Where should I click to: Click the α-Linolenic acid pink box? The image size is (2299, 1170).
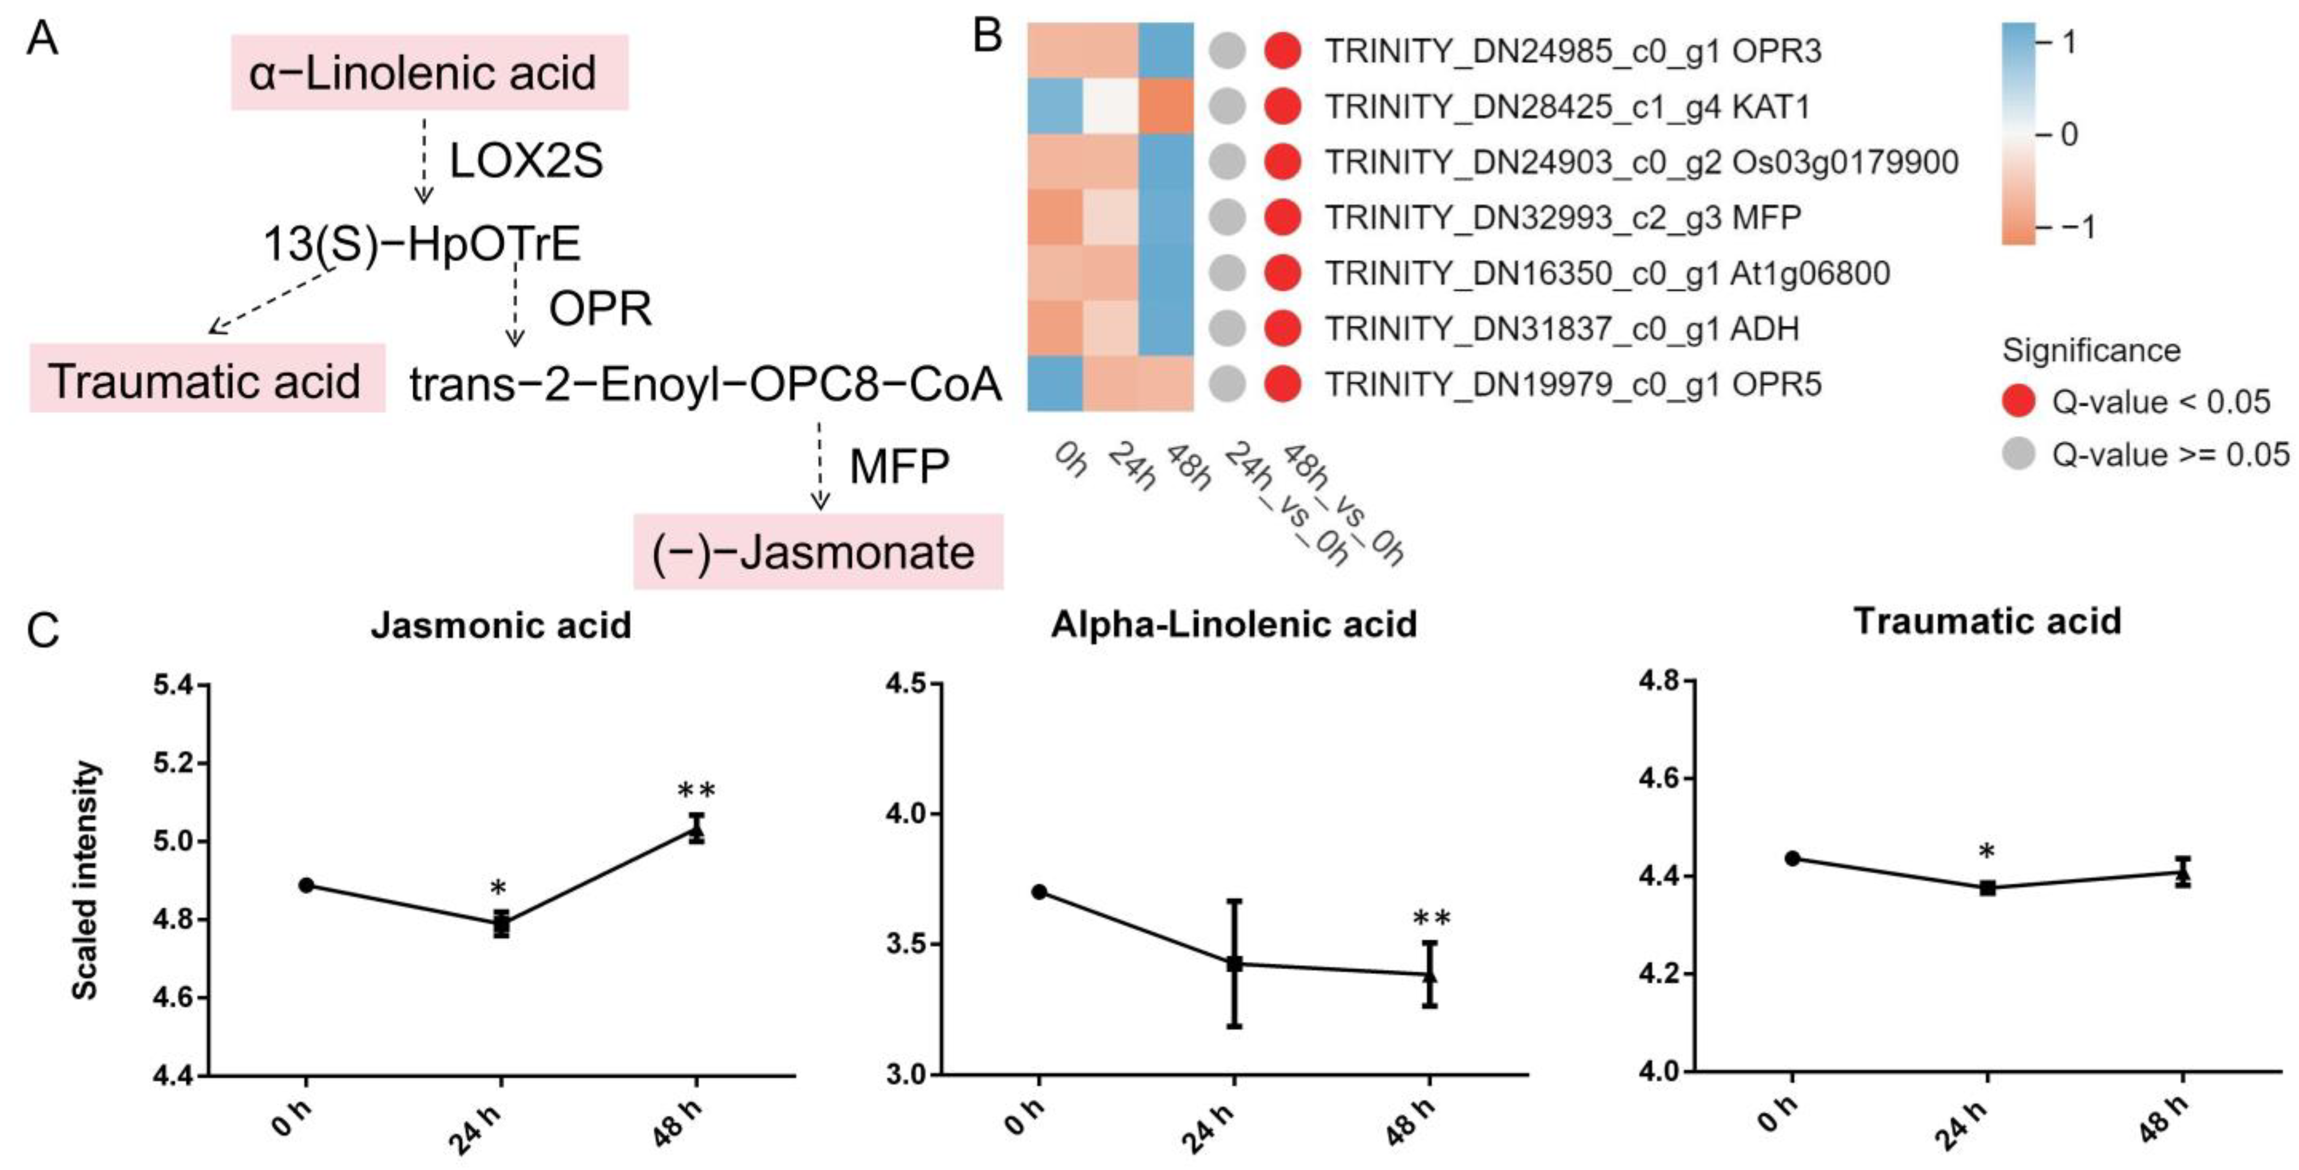click(429, 72)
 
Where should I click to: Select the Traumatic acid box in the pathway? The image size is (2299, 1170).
click(207, 378)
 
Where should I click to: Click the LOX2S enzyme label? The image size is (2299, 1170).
click(526, 161)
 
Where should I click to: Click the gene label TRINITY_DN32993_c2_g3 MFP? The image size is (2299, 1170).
click(1562, 217)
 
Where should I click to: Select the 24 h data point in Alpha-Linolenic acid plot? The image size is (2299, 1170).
click(1234, 964)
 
